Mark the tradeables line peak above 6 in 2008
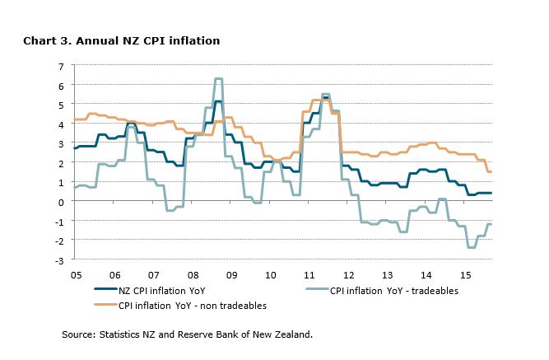[218, 79]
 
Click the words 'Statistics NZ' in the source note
[127, 334]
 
